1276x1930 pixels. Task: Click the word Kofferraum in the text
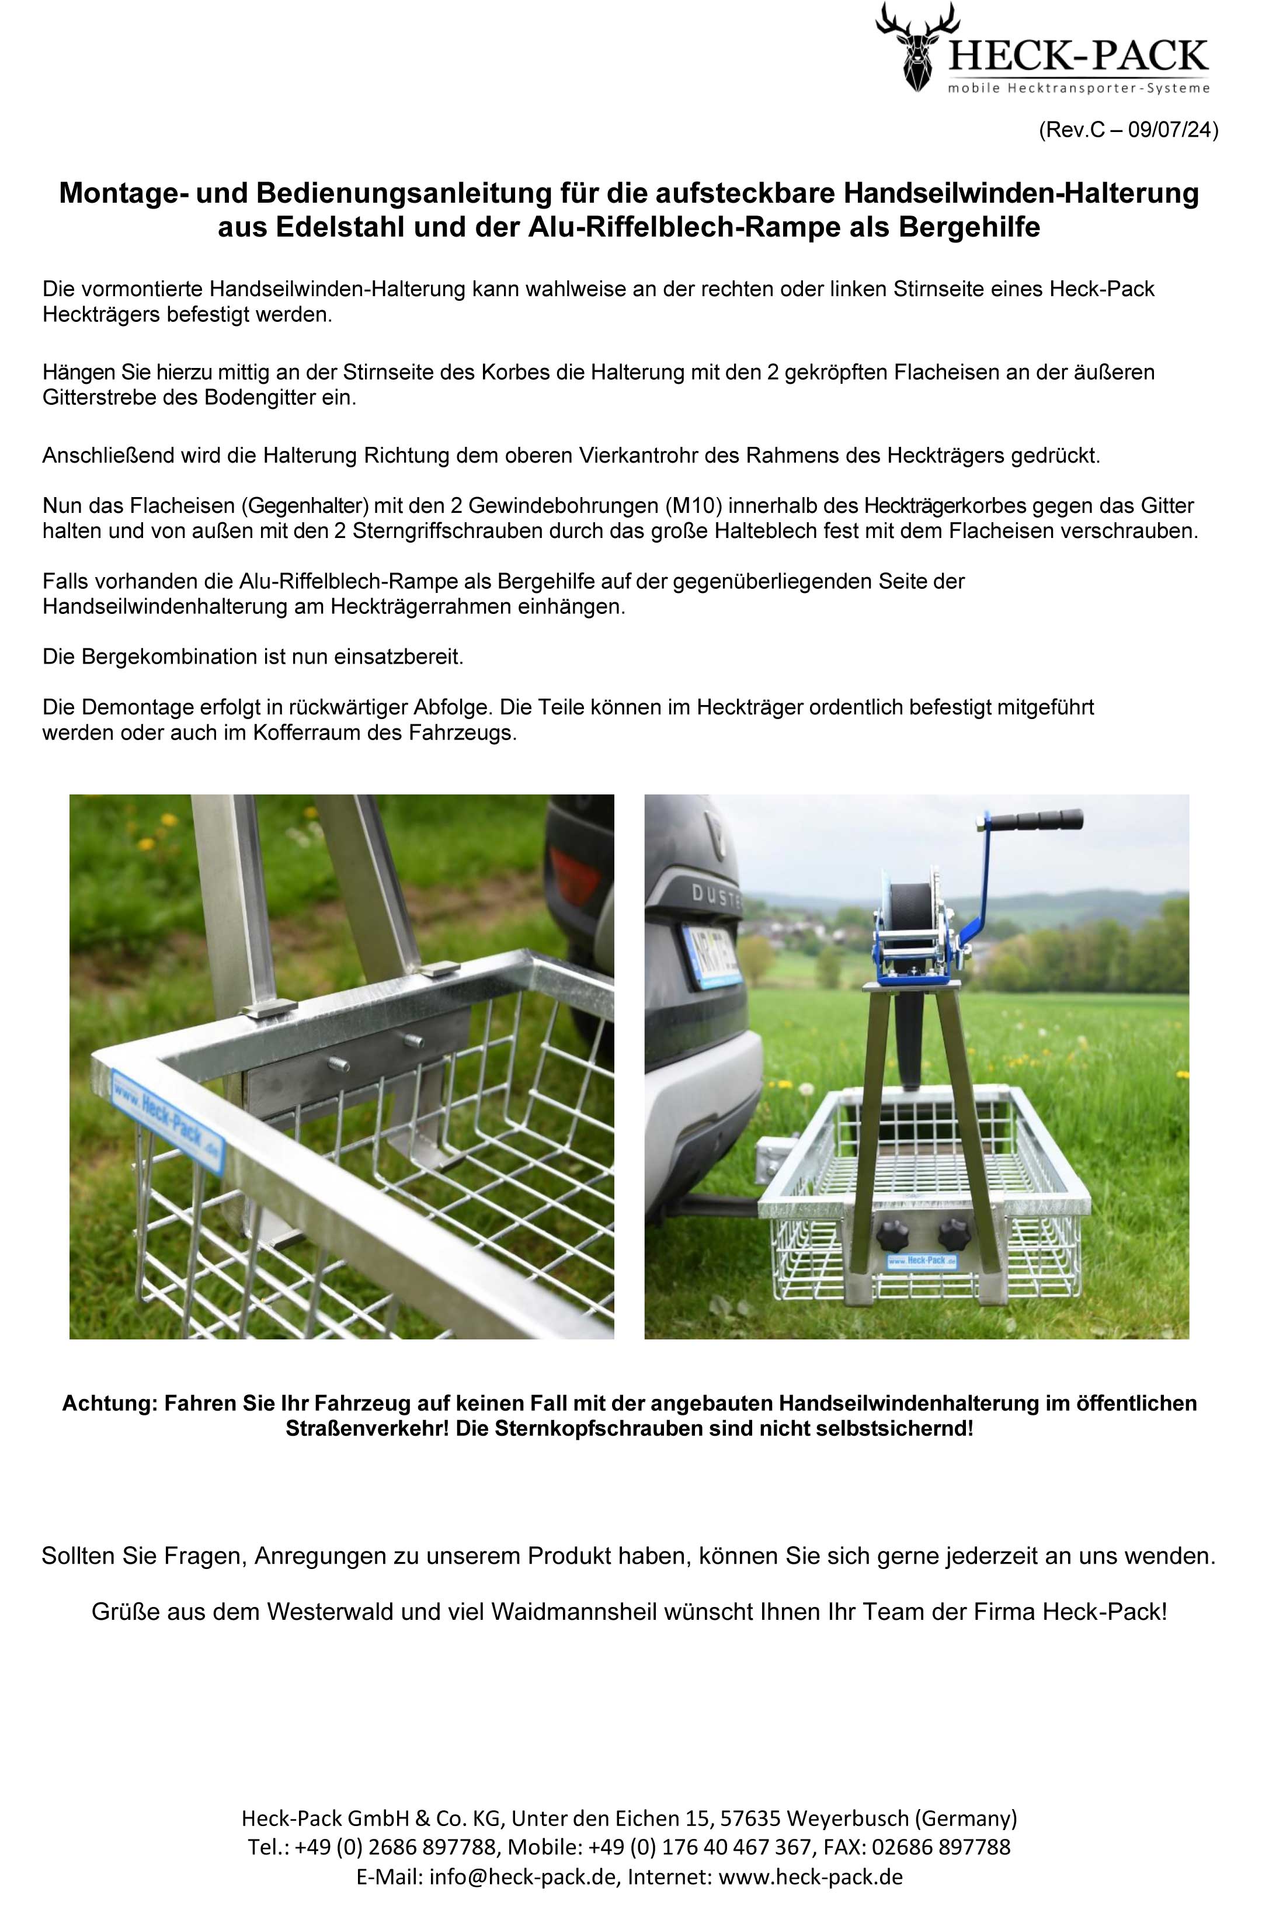pyautogui.click(x=306, y=733)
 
